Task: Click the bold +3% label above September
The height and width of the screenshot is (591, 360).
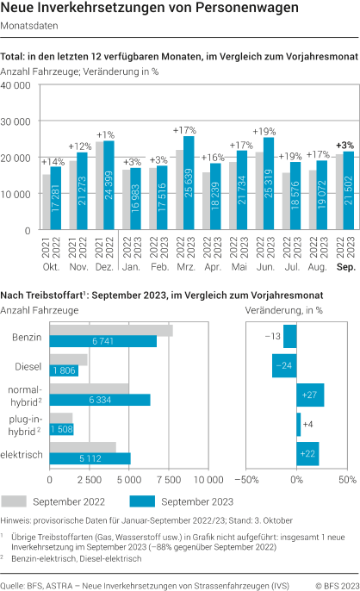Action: (344, 145)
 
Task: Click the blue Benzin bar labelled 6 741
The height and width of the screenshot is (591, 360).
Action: (103, 341)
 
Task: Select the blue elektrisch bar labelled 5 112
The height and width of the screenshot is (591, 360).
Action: (90, 458)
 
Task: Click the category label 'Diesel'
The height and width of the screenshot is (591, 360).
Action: (29, 365)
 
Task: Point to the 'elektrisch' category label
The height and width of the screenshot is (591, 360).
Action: (23, 453)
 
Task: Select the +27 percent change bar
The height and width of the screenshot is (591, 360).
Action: (310, 395)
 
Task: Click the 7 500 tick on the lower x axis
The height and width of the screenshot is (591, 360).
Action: (170, 478)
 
